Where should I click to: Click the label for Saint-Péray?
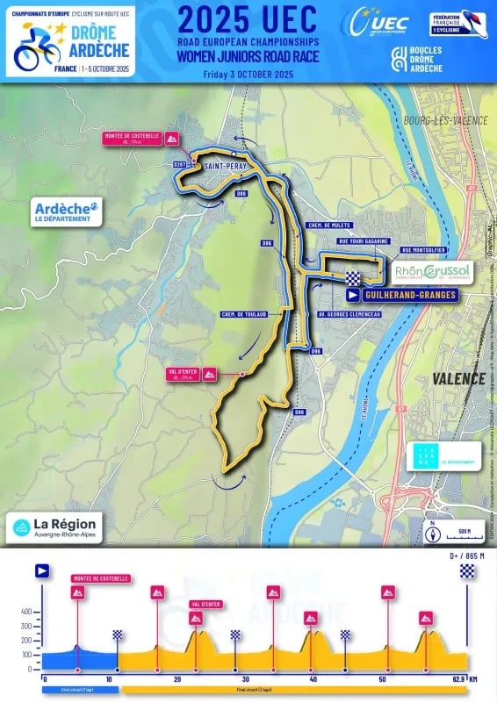[x=220, y=166]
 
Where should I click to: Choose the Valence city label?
[x=458, y=378]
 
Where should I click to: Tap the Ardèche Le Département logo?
[x=67, y=211]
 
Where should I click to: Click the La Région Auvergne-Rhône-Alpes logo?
[x=56, y=526]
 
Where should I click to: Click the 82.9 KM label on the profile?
[x=463, y=679]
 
